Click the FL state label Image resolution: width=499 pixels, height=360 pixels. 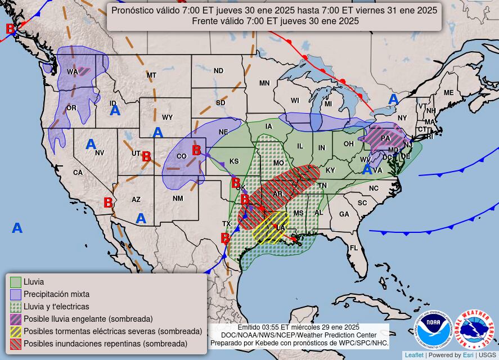tap(354, 247)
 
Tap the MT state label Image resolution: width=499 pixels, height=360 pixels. tap(151, 75)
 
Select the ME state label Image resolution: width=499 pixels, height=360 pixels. tap(448, 93)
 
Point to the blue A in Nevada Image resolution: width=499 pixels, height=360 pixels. tap(91, 145)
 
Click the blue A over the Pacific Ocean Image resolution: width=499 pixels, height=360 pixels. tap(17, 228)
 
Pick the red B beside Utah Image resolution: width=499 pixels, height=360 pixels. tap(146, 157)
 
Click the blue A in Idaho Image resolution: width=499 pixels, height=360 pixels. tap(115, 110)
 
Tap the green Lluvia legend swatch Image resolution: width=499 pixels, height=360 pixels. tap(16, 282)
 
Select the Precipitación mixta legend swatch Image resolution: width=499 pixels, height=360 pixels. tap(16, 294)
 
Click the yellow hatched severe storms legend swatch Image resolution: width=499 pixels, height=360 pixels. tap(16, 331)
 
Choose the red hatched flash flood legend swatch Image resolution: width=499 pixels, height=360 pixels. tap(16, 344)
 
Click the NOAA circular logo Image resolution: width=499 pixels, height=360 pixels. tap(433, 329)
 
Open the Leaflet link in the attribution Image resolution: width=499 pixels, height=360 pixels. tap(414, 355)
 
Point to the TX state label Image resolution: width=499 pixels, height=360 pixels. tap(226, 223)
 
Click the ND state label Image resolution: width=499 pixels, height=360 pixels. tap(218, 70)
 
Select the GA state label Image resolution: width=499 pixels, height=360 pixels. tap(344, 214)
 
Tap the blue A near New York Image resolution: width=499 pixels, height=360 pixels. tap(393, 100)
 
